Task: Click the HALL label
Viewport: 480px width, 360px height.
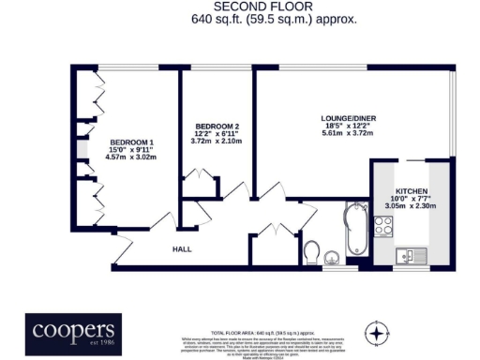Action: point(182,249)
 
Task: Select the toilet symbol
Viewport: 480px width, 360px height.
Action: point(313,250)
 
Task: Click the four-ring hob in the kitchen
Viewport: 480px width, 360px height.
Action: point(383,225)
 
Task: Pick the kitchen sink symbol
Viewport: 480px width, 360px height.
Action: point(411,253)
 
